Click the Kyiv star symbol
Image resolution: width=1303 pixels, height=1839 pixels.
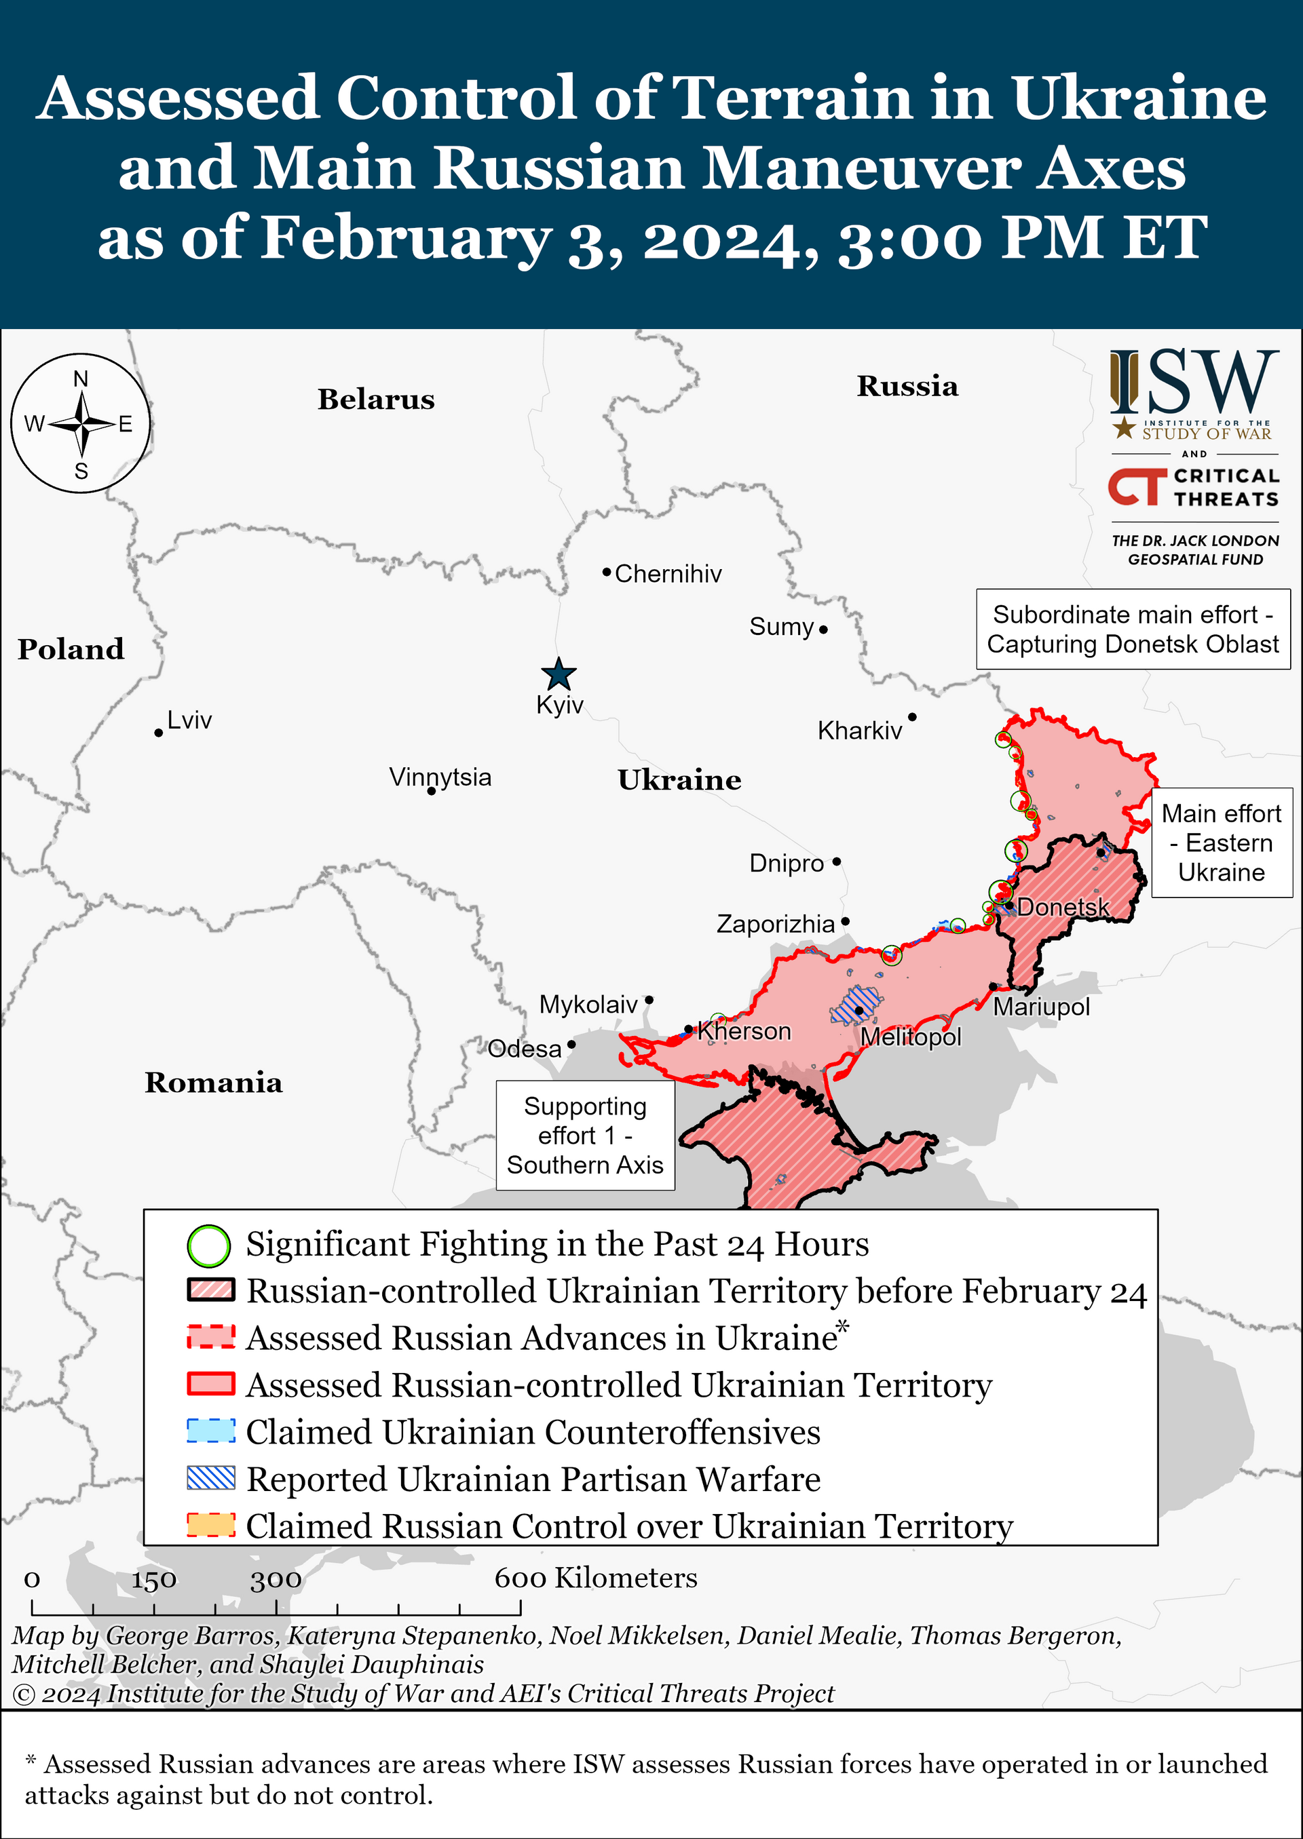pyautogui.click(x=559, y=674)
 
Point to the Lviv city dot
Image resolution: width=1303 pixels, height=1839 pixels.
pyautogui.click(x=159, y=733)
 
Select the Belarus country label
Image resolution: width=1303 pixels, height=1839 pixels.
pyautogui.click(x=375, y=399)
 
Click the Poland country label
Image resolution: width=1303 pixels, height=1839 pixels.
pyautogui.click(x=71, y=649)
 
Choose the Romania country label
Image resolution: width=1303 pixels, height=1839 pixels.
pyautogui.click(x=213, y=1082)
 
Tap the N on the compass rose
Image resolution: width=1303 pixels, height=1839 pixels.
pyautogui.click(x=81, y=379)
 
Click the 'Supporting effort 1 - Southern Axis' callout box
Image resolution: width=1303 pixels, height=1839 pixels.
pyautogui.click(x=585, y=1135)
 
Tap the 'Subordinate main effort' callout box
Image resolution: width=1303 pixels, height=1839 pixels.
pyautogui.click(x=1132, y=629)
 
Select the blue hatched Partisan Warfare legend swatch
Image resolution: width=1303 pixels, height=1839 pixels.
pyautogui.click(x=211, y=1477)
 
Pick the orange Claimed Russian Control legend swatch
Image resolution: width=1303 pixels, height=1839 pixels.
pyautogui.click(x=211, y=1525)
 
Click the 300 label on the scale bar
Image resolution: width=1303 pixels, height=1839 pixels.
pyautogui.click(x=276, y=1580)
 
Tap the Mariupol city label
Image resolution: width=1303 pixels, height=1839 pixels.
pyautogui.click(x=1042, y=1007)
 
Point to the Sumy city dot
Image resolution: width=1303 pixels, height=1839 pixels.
pyautogui.click(x=823, y=630)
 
